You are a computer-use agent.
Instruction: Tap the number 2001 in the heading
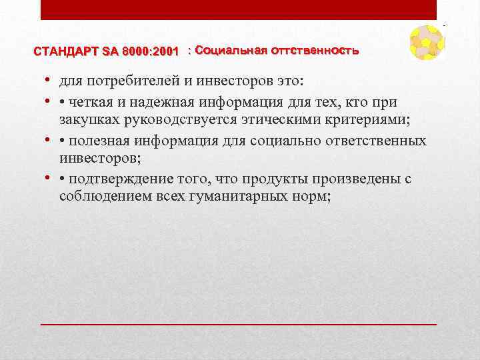pos(164,51)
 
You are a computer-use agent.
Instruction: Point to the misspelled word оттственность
pos(315,51)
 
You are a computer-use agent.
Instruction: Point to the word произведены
pos(349,180)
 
